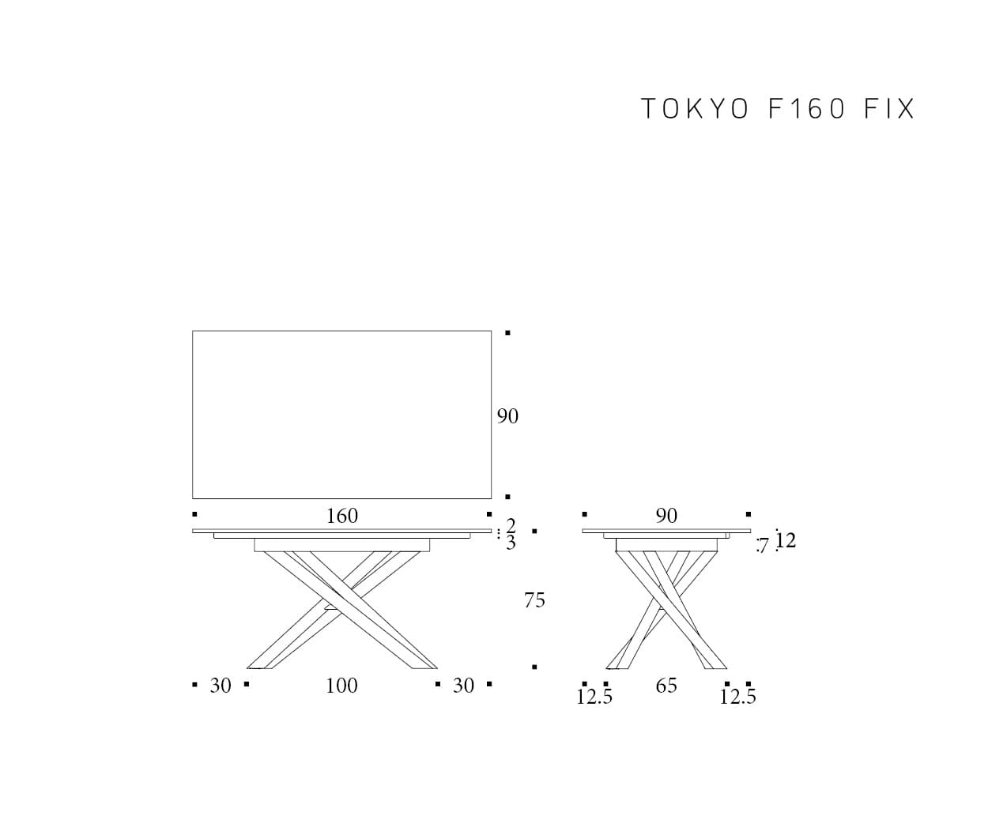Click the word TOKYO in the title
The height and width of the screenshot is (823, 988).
point(695,109)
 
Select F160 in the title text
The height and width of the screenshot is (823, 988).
point(807,109)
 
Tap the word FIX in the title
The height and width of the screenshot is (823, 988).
point(889,109)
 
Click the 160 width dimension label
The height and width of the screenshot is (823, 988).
point(342,516)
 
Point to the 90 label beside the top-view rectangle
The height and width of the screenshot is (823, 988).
point(507,416)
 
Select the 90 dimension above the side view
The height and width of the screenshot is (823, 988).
point(667,516)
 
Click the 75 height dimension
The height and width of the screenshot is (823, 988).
point(534,600)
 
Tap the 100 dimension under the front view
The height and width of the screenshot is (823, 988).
point(341,686)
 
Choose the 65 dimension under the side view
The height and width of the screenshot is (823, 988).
point(667,686)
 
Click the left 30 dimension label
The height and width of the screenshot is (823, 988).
point(221,686)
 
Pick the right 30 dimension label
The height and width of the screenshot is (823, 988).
point(463,686)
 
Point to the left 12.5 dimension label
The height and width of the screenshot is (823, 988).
point(594,697)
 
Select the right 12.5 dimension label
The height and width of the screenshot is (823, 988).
point(737,697)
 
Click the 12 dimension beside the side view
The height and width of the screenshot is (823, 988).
point(786,540)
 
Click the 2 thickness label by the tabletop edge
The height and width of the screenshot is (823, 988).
point(511,525)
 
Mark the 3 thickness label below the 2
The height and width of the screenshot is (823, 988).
point(511,543)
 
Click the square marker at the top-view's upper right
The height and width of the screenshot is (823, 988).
point(507,333)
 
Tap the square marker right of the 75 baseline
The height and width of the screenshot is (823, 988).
point(534,667)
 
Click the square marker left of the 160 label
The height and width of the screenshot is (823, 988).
point(194,514)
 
